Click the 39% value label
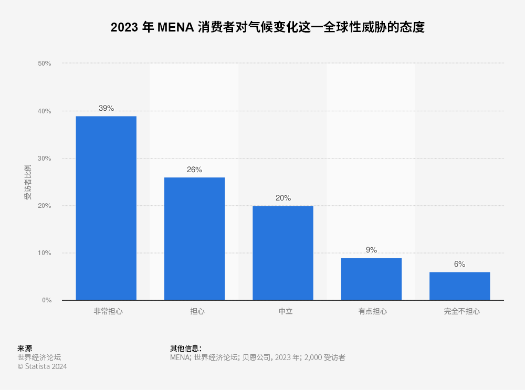pyautogui.click(x=106, y=108)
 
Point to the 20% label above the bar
pyautogui.click(x=283, y=198)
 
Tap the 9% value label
pyautogui.click(x=371, y=250)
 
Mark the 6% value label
pyautogui.click(x=459, y=264)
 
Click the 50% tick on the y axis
pyautogui.click(x=45, y=64)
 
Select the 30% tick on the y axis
pyautogui.click(x=45, y=159)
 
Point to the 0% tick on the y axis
pyautogui.click(x=46, y=300)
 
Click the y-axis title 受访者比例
pyautogui.click(x=28, y=182)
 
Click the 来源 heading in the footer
pyautogui.click(x=25, y=348)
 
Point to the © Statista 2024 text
pyautogui.click(x=42, y=366)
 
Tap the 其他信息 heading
pyautogui.click(x=185, y=348)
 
